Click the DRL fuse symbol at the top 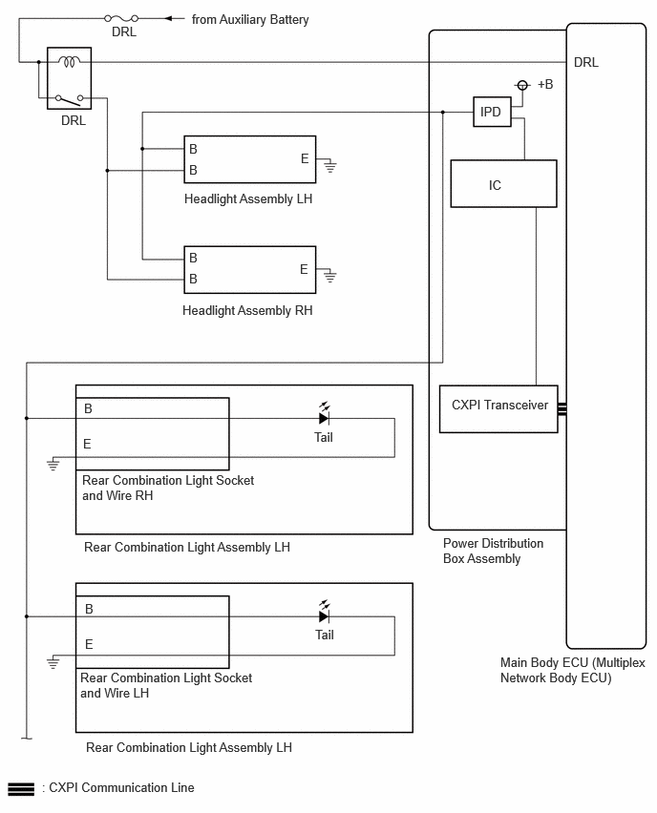pyautogui.click(x=121, y=19)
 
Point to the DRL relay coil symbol pyautogui.click(x=69, y=62)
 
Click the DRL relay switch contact pyautogui.click(x=69, y=98)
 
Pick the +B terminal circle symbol pyautogui.click(x=522, y=85)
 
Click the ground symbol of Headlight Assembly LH pyautogui.click(x=330, y=167)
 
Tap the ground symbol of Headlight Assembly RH pyautogui.click(x=330, y=277)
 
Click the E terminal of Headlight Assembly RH pyautogui.click(x=304, y=269)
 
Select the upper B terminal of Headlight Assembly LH pyautogui.click(x=193, y=149)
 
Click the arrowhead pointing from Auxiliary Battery pyautogui.click(x=168, y=19)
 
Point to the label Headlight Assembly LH pyautogui.click(x=248, y=199)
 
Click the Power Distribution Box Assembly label pyautogui.click(x=493, y=551)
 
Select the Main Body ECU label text pyautogui.click(x=572, y=670)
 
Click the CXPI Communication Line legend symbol pyautogui.click(x=21, y=788)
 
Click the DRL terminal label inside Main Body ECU pyautogui.click(x=586, y=62)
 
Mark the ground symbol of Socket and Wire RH pyautogui.click(x=53, y=464)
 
